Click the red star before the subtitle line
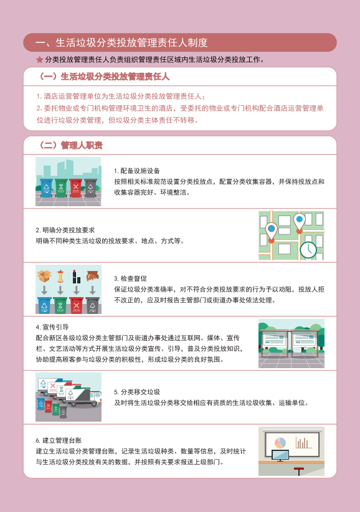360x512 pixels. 39,59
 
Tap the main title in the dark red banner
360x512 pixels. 121,42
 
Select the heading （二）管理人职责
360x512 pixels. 70,145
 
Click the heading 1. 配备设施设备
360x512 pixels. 137,171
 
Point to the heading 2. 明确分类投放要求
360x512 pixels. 65,230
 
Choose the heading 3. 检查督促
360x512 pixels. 130,278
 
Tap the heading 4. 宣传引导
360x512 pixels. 52,327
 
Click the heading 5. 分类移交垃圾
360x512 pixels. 137,392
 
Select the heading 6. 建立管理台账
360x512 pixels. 59,440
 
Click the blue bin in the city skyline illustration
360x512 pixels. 46,187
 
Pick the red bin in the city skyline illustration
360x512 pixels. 76,187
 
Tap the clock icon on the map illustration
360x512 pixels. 308,250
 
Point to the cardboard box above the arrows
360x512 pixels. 44,276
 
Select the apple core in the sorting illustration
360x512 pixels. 60,277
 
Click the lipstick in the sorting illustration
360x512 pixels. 77,277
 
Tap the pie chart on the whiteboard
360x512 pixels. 280,443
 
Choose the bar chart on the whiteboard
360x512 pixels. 303,443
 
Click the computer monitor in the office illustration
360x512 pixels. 280,455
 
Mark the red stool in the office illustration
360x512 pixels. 299,471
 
